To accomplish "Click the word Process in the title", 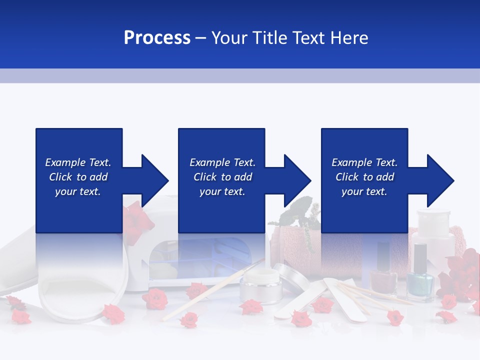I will click(157, 38).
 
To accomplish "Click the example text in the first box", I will click(78, 177).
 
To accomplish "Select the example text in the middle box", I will click(222, 177).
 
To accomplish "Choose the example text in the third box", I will click(364, 177).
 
